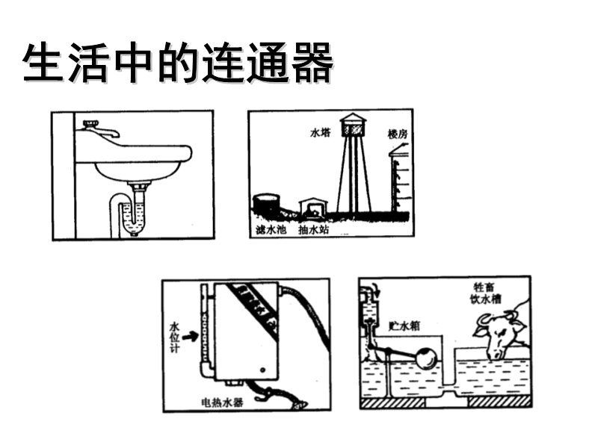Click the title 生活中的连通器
point(178,63)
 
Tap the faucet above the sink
point(100,128)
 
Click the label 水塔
point(321,133)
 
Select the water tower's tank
point(353,125)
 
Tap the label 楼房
point(398,134)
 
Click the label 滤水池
point(271,230)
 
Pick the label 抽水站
point(313,230)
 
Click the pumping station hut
point(313,208)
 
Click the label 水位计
point(174,337)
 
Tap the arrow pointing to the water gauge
point(191,337)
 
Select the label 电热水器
point(222,402)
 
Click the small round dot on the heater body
point(262,370)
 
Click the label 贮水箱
point(404,326)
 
